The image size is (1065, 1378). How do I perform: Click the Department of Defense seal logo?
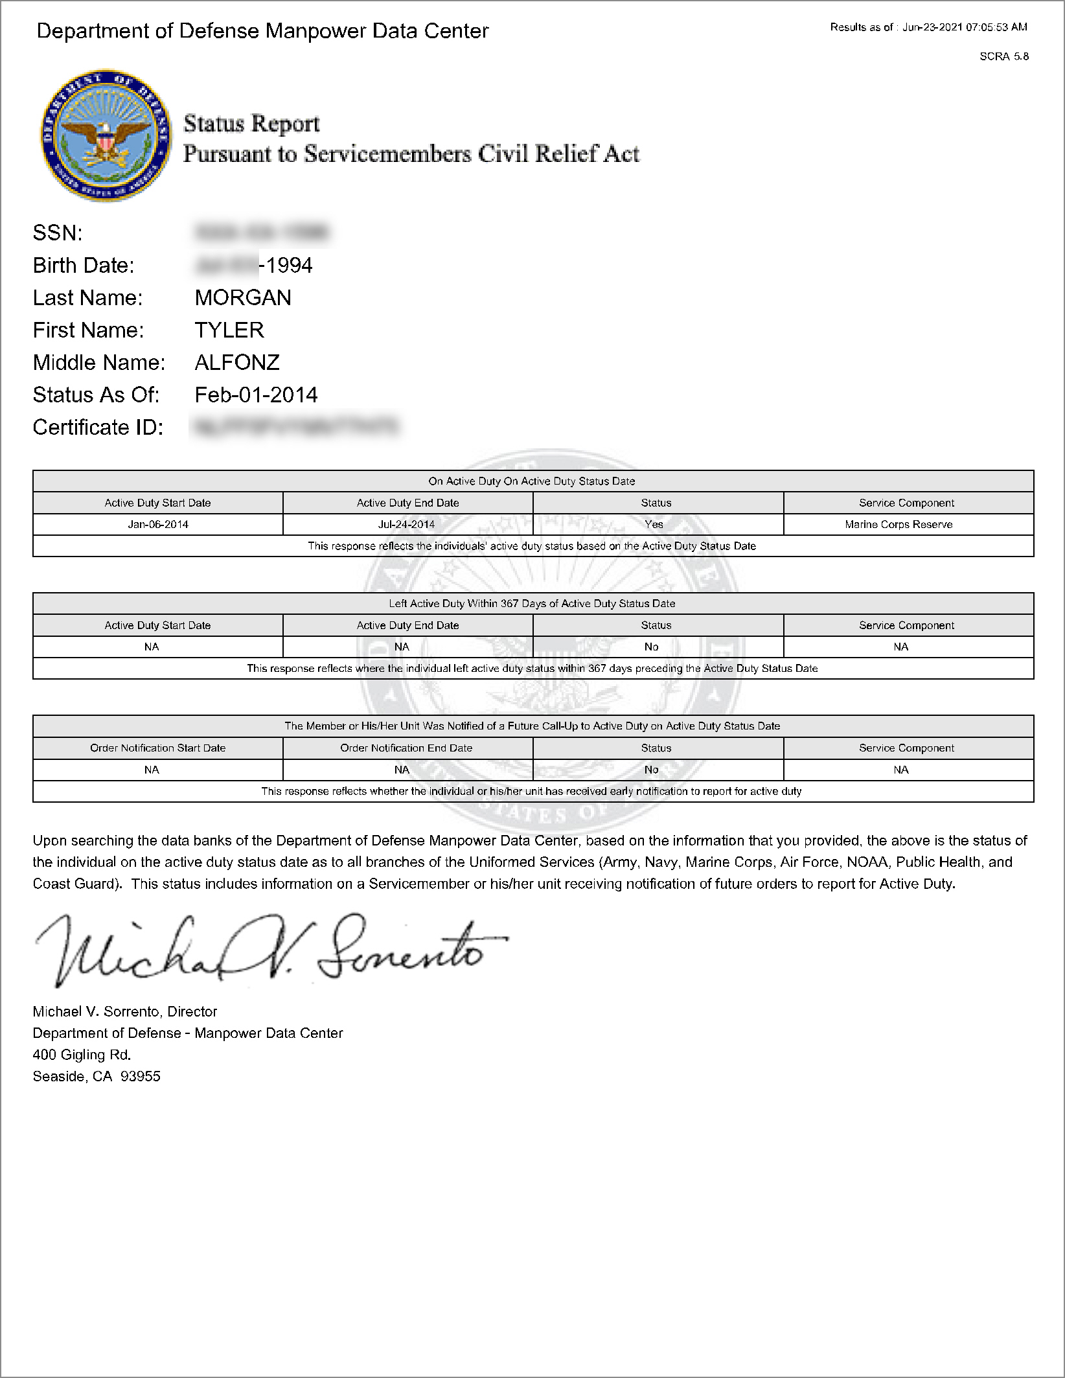pyautogui.click(x=106, y=135)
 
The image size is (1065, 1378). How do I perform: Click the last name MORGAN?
pyautogui.click(x=243, y=298)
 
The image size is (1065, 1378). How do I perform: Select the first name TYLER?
pyautogui.click(x=229, y=330)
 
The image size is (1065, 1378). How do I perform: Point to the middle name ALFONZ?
pyautogui.click(x=237, y=363)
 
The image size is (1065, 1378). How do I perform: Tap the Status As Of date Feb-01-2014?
pyautogui.click(x=256, y=395)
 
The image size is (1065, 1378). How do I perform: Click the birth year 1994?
pyautogui.click(x=289, y=266)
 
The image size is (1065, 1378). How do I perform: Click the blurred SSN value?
pyautogui.click(x=262, y=233)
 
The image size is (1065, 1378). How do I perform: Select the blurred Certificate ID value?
pyautogui.click(x=295, y=427)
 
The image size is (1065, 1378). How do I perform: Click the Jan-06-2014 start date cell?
pyautogui.click(x=158, y=525)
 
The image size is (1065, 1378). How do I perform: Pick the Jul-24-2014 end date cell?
pyautogui.click(x=407, y=525)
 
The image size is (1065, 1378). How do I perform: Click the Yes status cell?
pyautogui.click(x=654, y=525)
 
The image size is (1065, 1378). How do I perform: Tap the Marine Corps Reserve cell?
pyautogui.click(x=899, y=525)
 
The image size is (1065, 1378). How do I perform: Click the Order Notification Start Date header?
pyautogui.click(x=158, y=748)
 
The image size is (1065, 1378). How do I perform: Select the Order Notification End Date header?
pyautogui.click(x=406, y=748)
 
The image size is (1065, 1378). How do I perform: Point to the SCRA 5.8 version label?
pyautogui.click(x=1004, y=57)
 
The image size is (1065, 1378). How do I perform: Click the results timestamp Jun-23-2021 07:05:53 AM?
pyautogui.click(x=965, y=27)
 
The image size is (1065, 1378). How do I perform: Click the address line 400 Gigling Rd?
pyautogui.click(x=82, y=1055)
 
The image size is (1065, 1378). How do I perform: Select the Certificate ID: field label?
pyautogui.click(x=98, y=428)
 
